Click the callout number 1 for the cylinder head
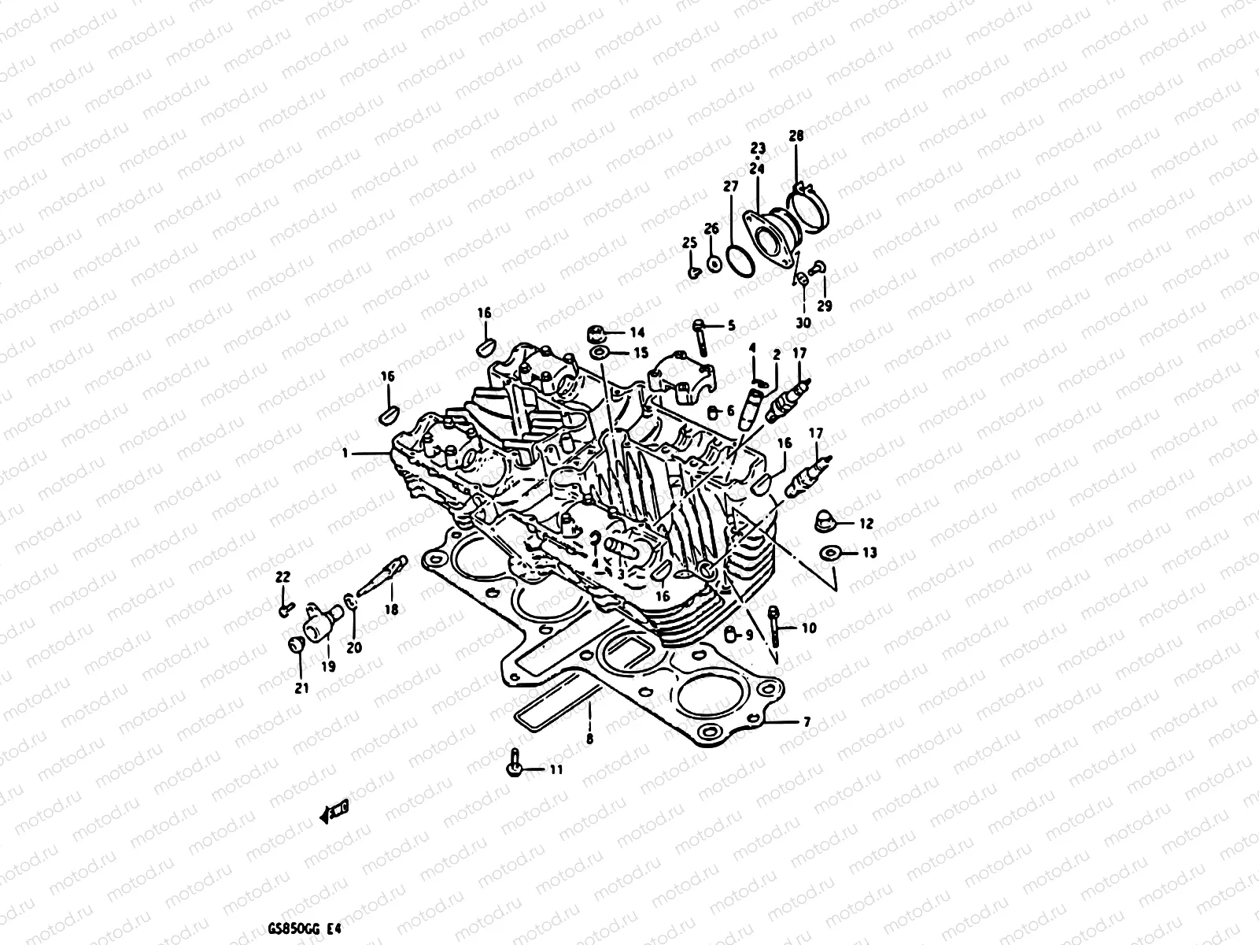pos(345,454)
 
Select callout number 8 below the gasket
pos(589,739)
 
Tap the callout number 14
pos(637,332)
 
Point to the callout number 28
pos(796,136)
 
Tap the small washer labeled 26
pos(713,263)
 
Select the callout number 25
pos(689,242)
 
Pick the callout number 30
pos(803,322)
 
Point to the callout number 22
pos(282,577)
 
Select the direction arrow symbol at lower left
pos(334,813)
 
